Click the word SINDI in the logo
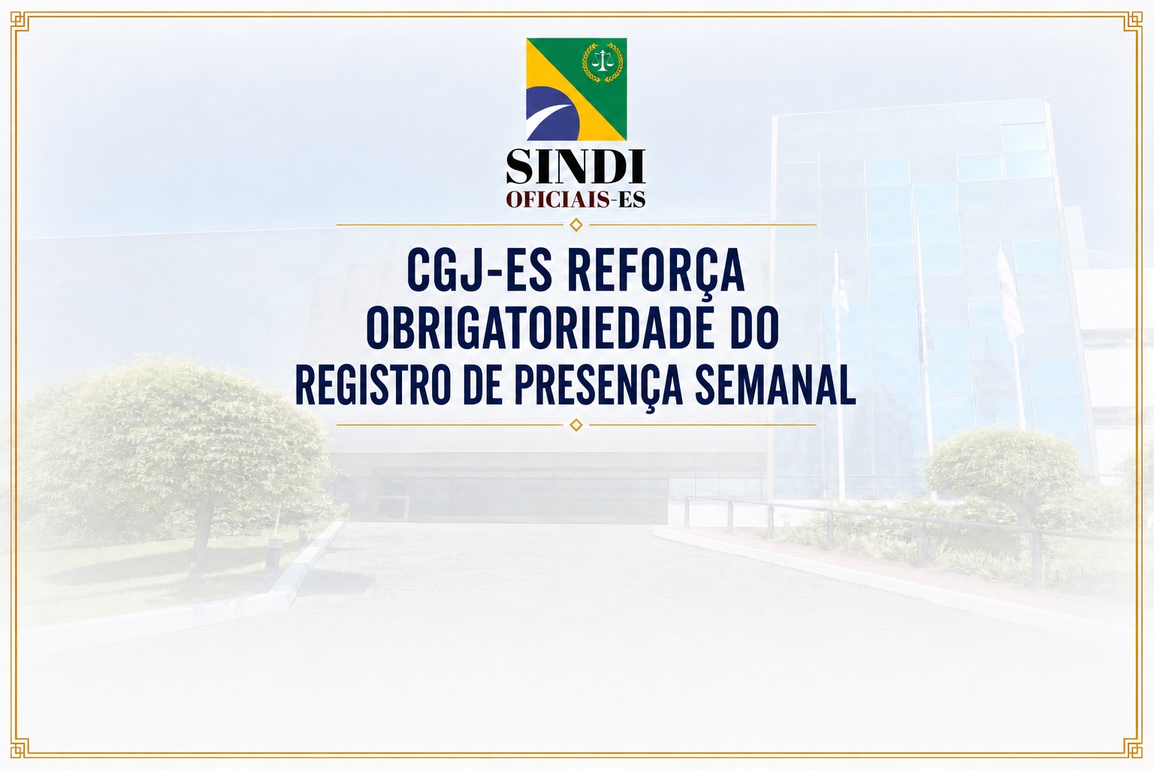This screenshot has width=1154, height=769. click(x=575, y=167)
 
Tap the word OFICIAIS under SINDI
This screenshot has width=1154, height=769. click(x=558, y=199)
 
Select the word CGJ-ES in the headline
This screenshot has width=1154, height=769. click(x=479, y=270)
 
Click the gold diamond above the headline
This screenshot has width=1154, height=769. click(x=576, y=225)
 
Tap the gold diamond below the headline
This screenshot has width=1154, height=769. click(x=576, y=425)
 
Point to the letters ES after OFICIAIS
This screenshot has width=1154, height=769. click(x=632, y=199)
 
